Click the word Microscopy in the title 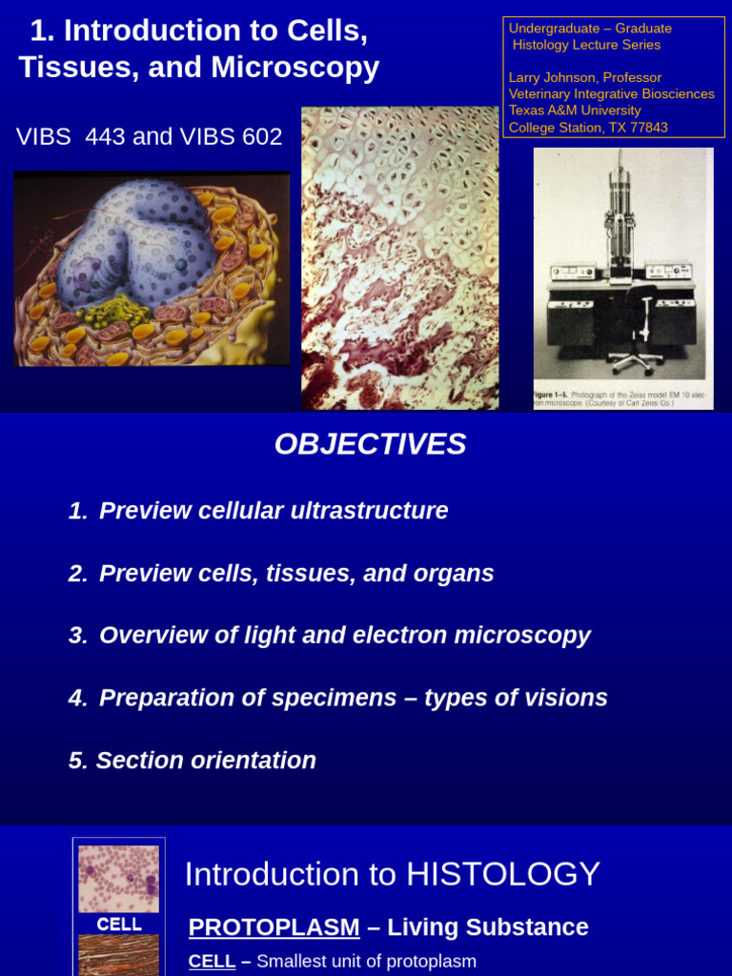295,68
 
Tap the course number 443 106,137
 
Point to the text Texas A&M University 575,111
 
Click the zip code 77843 648,127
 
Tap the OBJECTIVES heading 370,444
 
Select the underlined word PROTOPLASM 274,927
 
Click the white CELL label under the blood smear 119,925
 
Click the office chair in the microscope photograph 632,329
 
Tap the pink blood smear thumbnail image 119,879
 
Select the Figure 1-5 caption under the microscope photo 621,398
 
